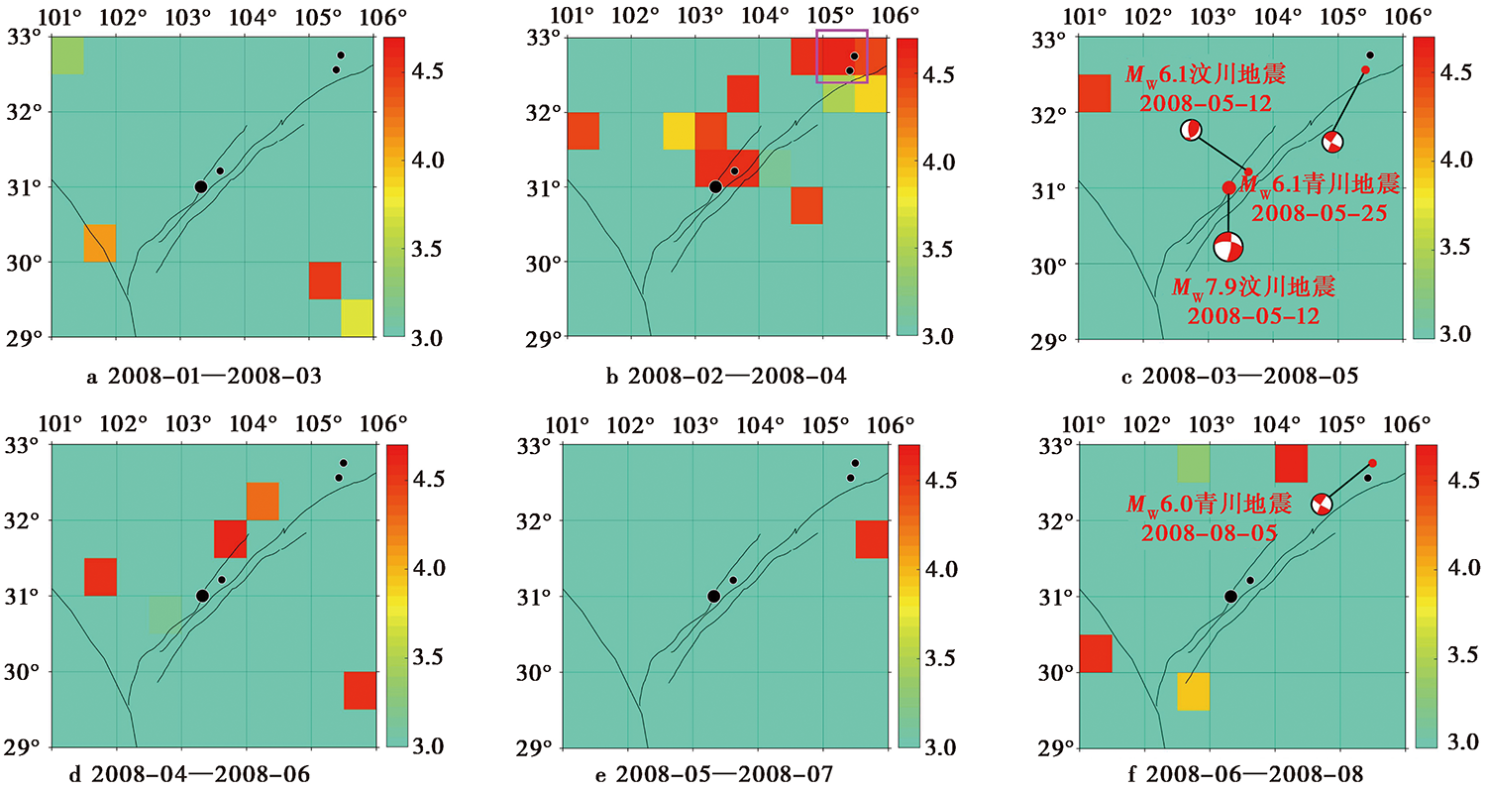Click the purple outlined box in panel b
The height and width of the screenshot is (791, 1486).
click(x=816, y=56)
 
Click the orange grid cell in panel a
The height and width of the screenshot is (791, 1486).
click(x=100, y=243)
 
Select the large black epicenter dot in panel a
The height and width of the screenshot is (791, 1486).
click(x=201, y=186)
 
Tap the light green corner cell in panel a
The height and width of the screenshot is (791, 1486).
click(x=67, y=56)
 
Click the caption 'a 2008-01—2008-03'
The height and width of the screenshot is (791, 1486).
click(x=204, y=377)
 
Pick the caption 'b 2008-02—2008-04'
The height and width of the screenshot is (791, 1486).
click(x=726, y=377)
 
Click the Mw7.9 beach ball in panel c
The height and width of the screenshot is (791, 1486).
click(x=1228, y=247)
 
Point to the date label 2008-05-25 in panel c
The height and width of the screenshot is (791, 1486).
click(x=1319, y=213)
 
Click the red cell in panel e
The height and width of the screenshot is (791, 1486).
click(x=872, y=539)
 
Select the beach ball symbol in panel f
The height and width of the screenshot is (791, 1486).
click(x=1322, y=505)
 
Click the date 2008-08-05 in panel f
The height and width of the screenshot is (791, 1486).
click(x=1209, y=533)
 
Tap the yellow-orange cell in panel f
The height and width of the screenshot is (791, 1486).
click(x=1194, y=692)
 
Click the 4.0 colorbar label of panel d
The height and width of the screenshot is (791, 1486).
click(x=429, y=568)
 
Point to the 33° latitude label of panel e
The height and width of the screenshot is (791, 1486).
click(x=534, y=447)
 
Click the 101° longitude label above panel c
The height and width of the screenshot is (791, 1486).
click(x=1084, y=17)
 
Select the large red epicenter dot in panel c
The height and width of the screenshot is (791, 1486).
click(x=1228, y=187)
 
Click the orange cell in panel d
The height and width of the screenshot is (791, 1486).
click(x=263, y=501)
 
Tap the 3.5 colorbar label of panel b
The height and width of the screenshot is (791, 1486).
click(x=939, y=250)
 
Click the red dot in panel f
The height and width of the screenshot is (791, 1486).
click(x=1372, y=463)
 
